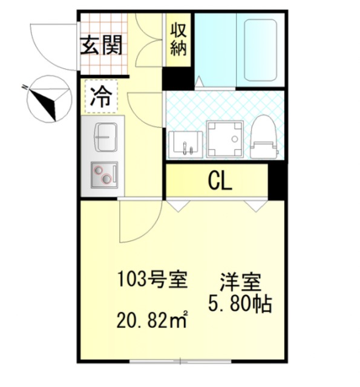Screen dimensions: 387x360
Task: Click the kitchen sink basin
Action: pos(104,137)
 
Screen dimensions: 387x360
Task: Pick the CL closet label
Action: pos(219,180)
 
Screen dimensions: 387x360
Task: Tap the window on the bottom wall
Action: pos(182,362)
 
